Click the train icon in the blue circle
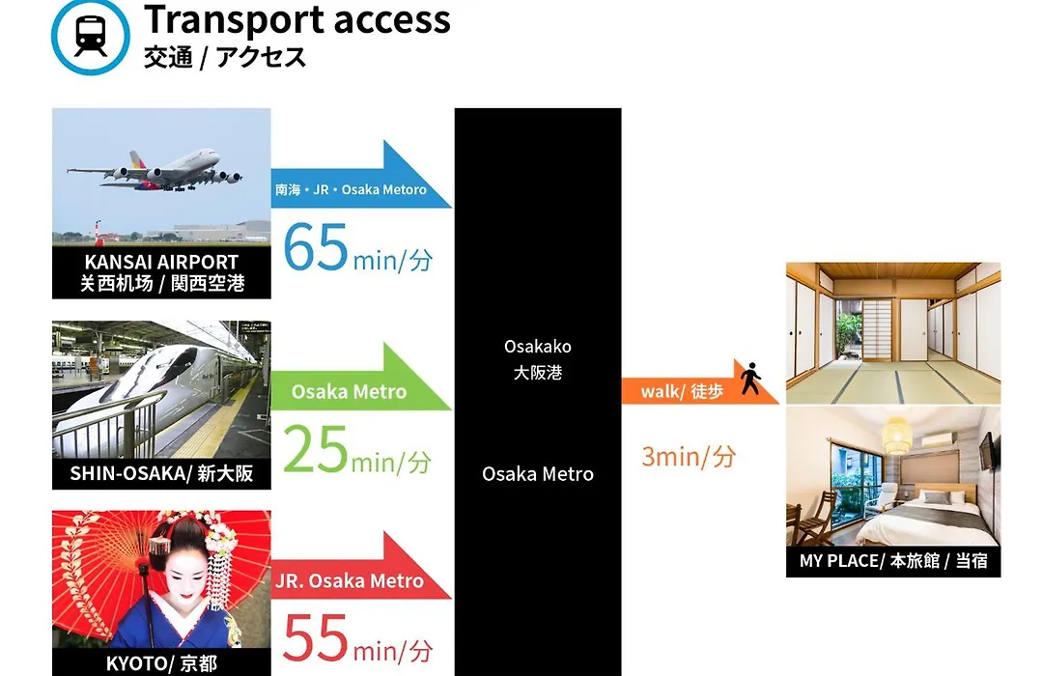pyautogui.click(x=91, y=36)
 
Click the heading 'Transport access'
pyautogui.click(x=297, y=19)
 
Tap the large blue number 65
pyautogui.click(x=315, y=247)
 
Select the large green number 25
pyautogui.click(x=315, y=449)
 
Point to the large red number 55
pyautogui.click(x=315, y=638)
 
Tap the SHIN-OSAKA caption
pyautogui.click(x=161, y=473)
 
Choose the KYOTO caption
pyautogui.click(x=161, y=663)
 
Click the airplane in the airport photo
pyautogui.click(x=155, y=170)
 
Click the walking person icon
pyautogui.click(x=751, y=379)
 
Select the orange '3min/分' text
pyautogui.click(x=689, y=457)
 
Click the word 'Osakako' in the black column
pyautogui.click(x=538, y=347)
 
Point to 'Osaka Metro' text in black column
pyautogui.click(x=538, y=474)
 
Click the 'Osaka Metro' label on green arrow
pyautogui.click(x=349, y=391)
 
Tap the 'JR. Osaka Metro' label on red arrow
pyautogui.click(x=350, y=580)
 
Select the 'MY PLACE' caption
pyautogui.click(x=893, y=561)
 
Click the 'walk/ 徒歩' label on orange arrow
pyautogui.click(x=682, y=391)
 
